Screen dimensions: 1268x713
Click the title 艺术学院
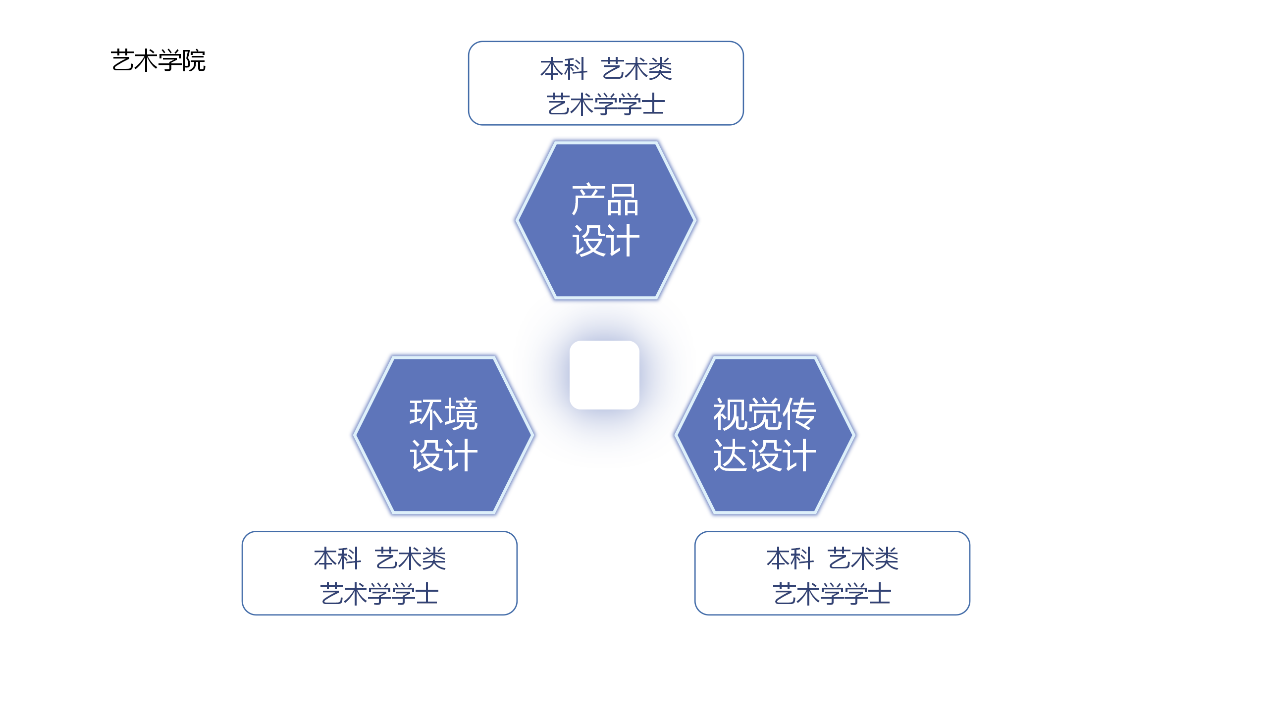click(158, 60)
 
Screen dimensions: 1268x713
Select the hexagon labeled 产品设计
click(606, 220)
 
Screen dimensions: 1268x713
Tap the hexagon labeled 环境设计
click(444, 435)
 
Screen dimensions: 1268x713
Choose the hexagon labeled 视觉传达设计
click(764, 435)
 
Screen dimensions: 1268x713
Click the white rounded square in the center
click(604, 375)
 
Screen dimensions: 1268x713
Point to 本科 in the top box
click(564, 68)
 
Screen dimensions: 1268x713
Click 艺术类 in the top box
click(637, 68)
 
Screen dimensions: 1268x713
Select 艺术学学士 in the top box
click(606, 104)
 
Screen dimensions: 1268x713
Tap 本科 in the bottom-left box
click(337, 559)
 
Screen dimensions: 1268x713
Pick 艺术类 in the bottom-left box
click(411, 559)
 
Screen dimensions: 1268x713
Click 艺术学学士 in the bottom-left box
click(379, 594)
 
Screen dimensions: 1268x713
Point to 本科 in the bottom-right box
click(790, 559)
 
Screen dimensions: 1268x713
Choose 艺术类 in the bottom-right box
click(863, 559)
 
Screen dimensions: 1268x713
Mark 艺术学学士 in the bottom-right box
click(832, 594)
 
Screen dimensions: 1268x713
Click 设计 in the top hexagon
click(606, 241)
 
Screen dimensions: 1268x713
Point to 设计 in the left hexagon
click(444, 455)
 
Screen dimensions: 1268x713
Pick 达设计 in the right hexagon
click(764, 455)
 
